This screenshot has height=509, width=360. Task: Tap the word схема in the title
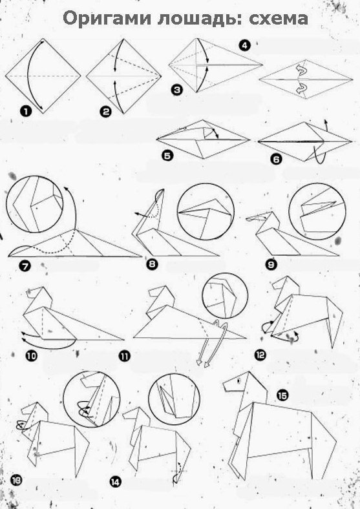(x=278, y=19)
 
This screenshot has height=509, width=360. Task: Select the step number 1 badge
(x=25, y=112)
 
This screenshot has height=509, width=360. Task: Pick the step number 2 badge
(x=105, y=112)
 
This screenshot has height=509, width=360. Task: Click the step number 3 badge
(x=176, y=90)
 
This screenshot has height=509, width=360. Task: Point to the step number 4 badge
(x=244, y=45)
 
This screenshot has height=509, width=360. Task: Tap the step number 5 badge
(x=167, y=156)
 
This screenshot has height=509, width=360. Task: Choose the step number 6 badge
(x=276, y=159)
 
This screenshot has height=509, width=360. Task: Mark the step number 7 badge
(x=25, y=267)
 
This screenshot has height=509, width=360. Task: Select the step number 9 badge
(x=271, y=265)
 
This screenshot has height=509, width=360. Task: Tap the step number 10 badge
(x=32, y=356)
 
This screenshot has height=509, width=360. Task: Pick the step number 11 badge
(x=125, y=356)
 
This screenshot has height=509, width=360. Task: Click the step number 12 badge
(x=260, y=355)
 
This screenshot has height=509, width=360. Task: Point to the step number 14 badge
(x=115, y=482)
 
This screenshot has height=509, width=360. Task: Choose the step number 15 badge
(x=282, y=395)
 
